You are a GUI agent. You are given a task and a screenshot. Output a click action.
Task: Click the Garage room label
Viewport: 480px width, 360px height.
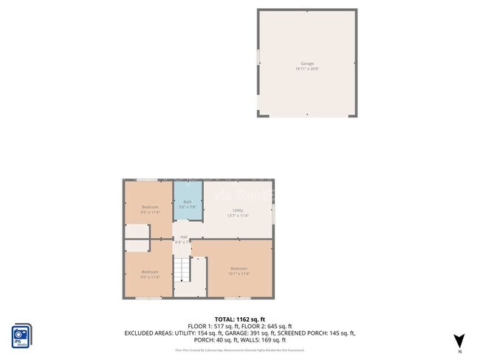tap(306, 63)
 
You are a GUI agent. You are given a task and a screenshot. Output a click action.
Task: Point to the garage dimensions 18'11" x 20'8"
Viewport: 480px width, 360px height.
tap(306, 69)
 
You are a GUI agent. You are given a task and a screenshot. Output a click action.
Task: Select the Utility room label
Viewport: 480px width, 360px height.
tap(237, 210)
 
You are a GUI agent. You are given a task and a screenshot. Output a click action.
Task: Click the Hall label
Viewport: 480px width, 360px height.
tap(183, 237)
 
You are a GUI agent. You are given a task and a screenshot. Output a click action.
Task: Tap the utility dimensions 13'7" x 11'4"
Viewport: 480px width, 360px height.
tap(237, 215)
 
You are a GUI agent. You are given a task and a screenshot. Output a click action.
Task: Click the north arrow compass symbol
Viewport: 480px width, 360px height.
tap(459, 340)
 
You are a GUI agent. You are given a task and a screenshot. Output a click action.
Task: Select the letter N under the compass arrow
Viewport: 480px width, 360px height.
tap(459, 352)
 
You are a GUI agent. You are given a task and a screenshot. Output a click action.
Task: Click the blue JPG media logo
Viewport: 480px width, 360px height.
tap(21, 333)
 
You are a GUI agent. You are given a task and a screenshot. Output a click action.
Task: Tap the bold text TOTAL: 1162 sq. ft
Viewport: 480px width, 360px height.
tap(239, 319)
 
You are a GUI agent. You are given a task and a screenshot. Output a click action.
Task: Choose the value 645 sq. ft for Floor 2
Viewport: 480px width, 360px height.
tap(279, 326)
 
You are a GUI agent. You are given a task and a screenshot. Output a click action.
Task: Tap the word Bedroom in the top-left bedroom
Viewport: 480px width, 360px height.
tap(150, 207)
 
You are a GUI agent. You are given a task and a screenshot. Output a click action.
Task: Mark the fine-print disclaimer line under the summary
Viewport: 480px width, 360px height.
tap(239, 350)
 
